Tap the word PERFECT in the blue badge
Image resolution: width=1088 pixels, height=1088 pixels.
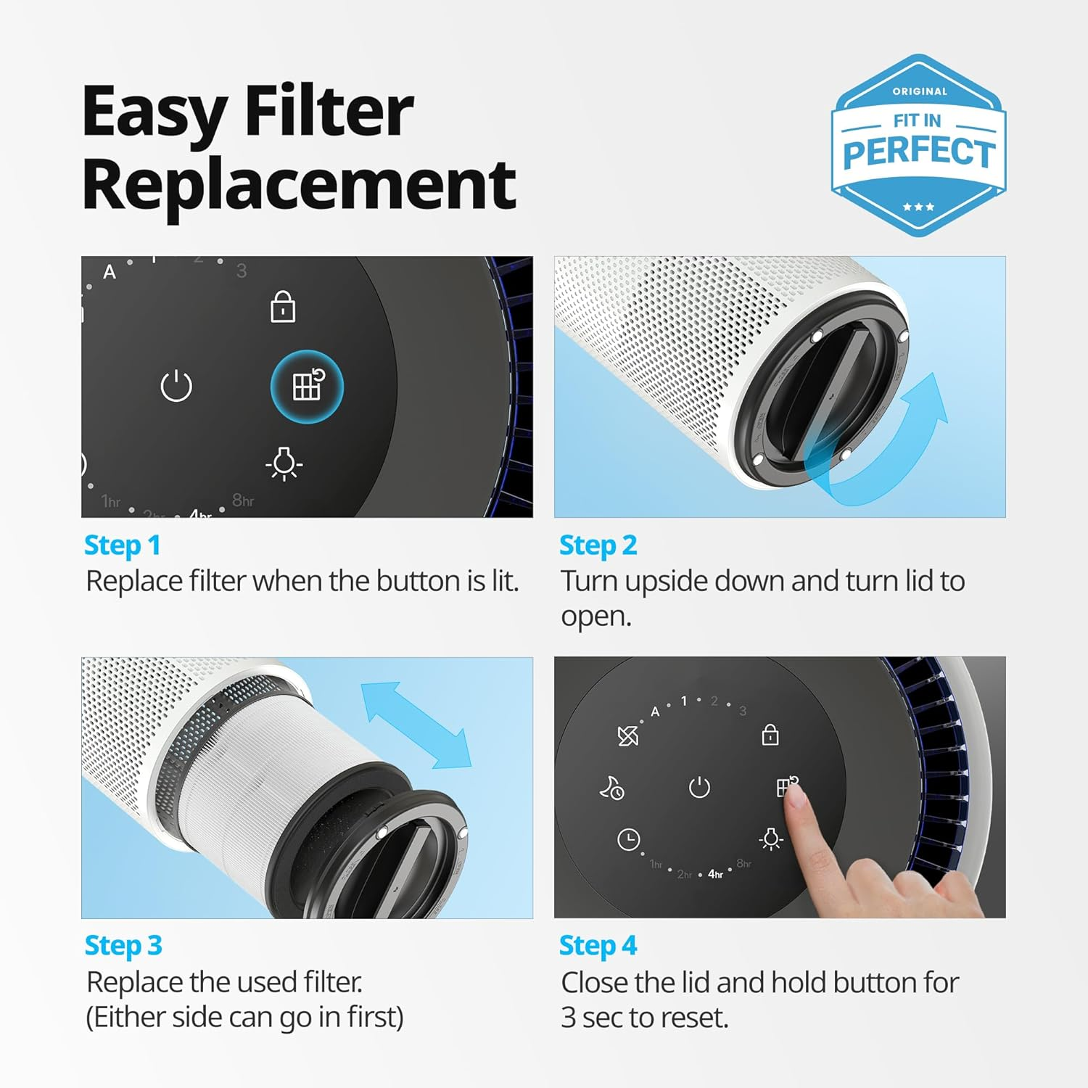click(919, 153)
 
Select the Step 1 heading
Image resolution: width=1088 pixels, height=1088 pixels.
click(122, 545)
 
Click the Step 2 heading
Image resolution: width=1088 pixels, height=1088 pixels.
click(598, 545)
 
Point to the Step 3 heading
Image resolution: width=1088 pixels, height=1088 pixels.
click(123, 946)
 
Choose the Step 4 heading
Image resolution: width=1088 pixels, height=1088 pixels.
click(598, 946)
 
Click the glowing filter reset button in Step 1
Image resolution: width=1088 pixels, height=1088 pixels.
click(307, 386)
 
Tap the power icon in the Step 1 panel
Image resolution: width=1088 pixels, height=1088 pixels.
click(176, 386)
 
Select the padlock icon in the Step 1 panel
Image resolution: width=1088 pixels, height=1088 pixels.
click(283, 307)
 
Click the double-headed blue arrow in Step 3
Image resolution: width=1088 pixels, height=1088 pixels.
click(416, 725)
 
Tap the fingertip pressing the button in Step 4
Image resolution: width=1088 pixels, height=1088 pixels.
click(796, 796)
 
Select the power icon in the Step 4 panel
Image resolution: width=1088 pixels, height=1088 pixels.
click(699, 787)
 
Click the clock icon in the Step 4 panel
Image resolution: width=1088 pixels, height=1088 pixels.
click(628, 840)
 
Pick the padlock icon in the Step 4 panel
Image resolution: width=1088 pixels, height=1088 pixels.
click(770, 735)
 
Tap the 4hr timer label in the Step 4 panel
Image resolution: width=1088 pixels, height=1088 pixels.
click(715, 874)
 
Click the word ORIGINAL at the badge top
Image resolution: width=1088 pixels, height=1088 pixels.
click(920, 91)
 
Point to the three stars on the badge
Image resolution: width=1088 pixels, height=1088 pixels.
click(918, 207)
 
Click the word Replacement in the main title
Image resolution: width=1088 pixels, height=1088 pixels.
click(299, 184)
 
